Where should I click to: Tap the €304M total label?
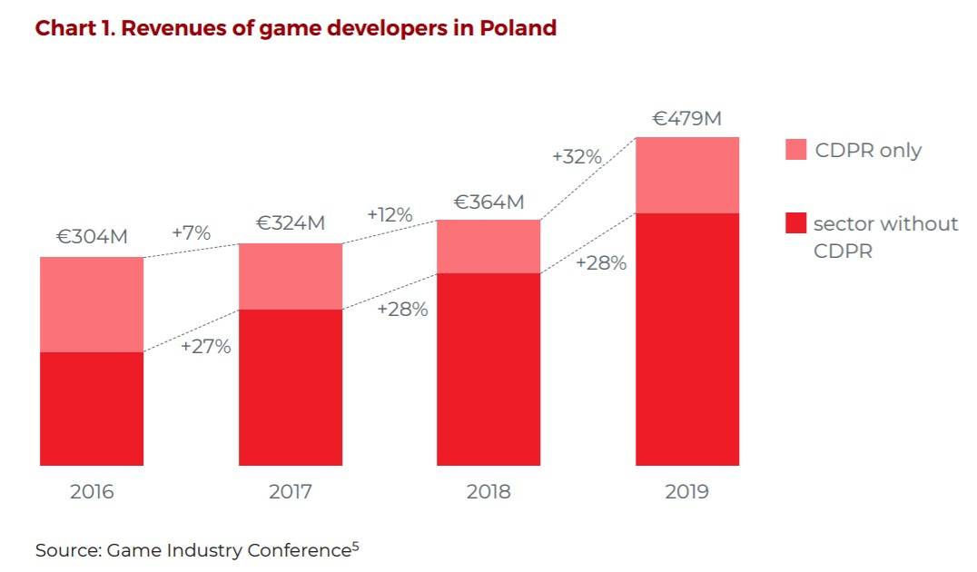(92, 237)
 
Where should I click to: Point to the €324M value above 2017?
(291, 222)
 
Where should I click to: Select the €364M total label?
(488, 202)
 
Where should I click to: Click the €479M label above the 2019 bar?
(687, 118)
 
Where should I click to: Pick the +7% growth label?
(191, 232)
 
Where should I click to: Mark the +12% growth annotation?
(390, 215)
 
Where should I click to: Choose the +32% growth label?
(577, 156)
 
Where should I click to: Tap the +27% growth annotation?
(205, 347)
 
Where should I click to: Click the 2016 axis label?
(92, 492)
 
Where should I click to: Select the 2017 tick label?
(291, 492)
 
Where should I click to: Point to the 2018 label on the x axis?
(488, 492)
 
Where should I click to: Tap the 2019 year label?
(687, 492)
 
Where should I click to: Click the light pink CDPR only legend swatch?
(795, 151)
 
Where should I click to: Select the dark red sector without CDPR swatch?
(795, 223)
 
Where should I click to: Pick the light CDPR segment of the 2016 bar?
(92, 304)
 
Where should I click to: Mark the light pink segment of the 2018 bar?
(488, 246)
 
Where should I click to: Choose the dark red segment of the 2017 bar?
(291, 387)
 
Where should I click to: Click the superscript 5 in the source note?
(355, 546)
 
